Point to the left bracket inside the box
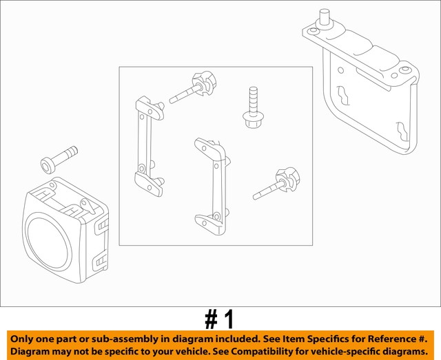point(147,140)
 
